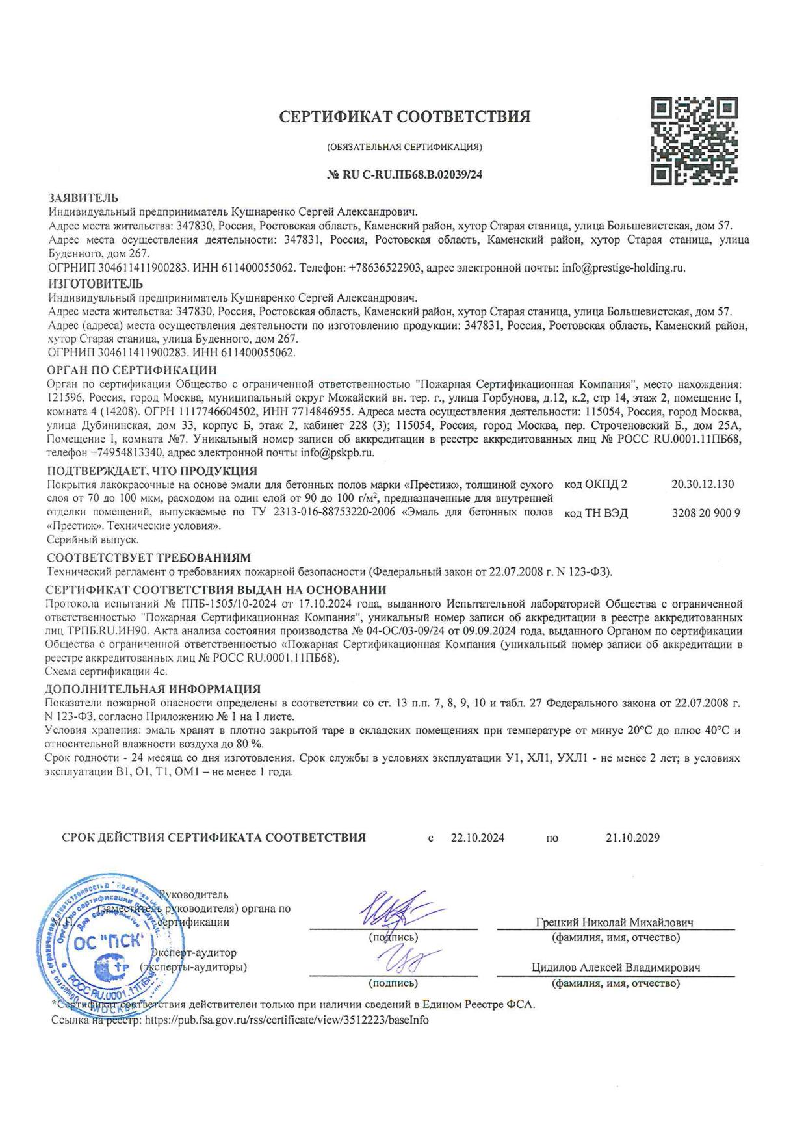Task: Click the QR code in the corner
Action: coord(694,141)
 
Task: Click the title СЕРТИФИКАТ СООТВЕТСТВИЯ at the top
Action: coord(404,117)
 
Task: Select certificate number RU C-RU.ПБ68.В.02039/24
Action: coord(404,174)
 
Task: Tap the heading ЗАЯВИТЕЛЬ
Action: coord(83,198)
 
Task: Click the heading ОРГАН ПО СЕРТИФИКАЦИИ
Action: coord(133,370)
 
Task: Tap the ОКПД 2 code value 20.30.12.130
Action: coord(702,484)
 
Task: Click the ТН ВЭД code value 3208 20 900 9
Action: coord(706,513)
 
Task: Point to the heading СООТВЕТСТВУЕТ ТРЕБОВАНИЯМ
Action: coord(149,558)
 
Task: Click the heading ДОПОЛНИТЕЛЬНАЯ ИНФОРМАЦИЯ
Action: coord(153,689)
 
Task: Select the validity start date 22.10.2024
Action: coord(478,838)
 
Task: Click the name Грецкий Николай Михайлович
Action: coord(614,922)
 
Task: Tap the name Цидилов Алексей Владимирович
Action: coord(616,968)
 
